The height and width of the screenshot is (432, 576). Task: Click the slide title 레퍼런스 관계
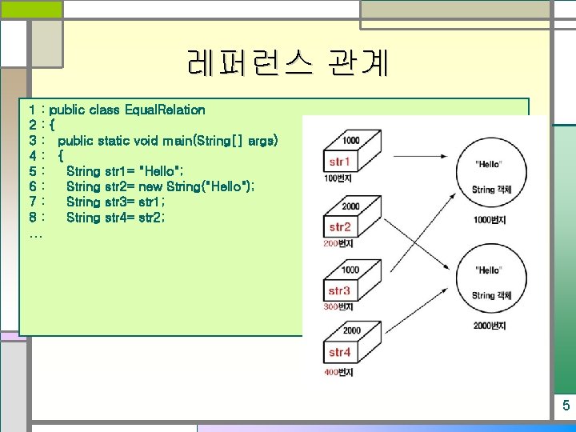point(287,62)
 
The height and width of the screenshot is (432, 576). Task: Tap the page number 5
point(565,406)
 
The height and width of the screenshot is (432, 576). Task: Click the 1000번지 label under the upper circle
point(488,219)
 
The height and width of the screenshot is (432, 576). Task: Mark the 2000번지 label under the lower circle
point(488,326)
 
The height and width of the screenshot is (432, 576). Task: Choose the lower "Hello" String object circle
point(489,281)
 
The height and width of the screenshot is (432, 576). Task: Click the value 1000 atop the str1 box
point(350,142)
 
